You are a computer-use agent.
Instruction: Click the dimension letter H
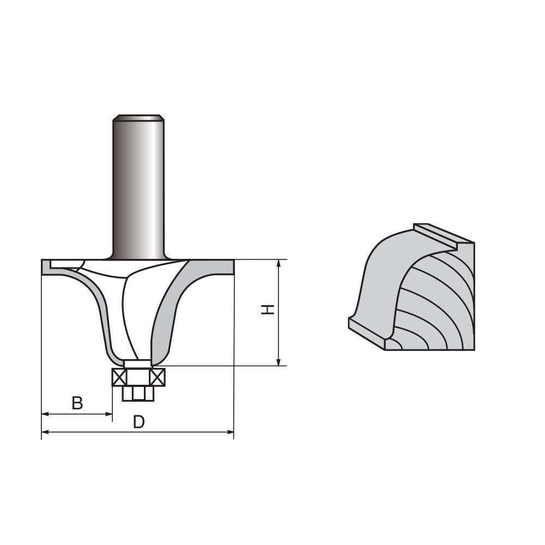[267, 310]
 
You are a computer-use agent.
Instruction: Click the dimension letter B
[77, 403]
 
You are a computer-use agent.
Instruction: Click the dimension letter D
[139, 422]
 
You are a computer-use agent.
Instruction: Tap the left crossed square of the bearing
[119, 377]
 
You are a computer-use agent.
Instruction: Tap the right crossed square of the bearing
[157, 377]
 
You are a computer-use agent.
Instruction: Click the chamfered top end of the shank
[138, 117]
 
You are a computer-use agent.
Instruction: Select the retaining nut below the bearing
[138, 393]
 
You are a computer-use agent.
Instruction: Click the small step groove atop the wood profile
[436, 234]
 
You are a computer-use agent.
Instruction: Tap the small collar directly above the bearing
[138, 364]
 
